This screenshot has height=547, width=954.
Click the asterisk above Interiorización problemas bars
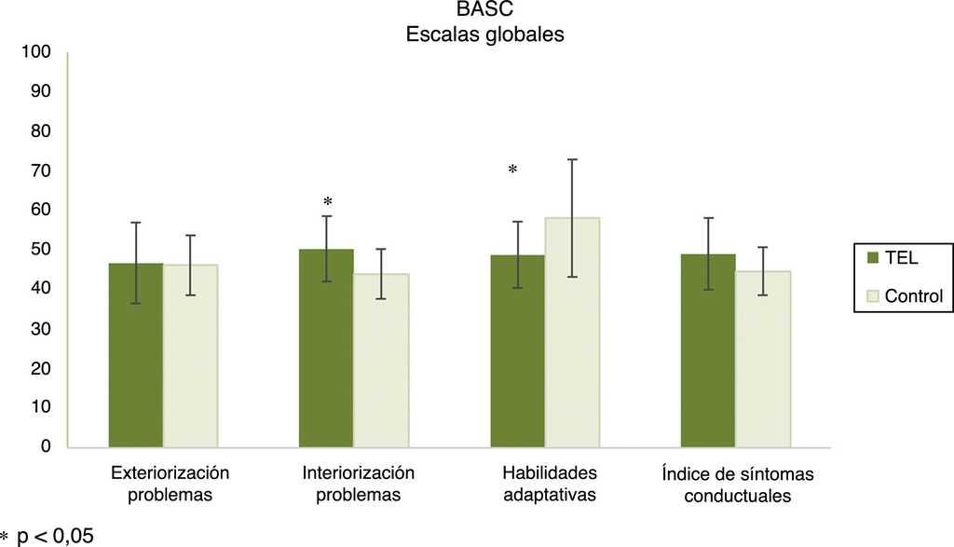click(x=327, y=202)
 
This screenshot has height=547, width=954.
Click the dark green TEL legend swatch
click(x=872, y=257)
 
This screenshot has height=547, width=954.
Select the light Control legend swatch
click(x=872, y=296)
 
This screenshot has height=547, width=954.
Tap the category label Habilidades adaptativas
click(x=550, y=483)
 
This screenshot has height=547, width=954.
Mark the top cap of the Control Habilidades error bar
click(x=572, y=159)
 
